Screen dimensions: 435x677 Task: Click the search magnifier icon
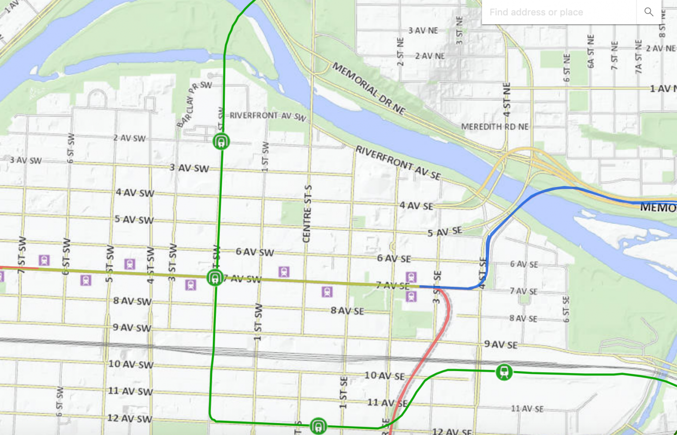click(648, 12)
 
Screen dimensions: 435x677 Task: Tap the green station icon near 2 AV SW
click(221, 142)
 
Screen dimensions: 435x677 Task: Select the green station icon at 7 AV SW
click(215, 278)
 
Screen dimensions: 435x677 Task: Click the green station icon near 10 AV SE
click(504, 372)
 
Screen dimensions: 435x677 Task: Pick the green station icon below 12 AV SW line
click(318, 426)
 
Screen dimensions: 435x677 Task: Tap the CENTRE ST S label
click(307, 214)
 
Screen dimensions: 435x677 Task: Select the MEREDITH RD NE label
click(495, 127)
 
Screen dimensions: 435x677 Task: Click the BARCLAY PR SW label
click(193, 103)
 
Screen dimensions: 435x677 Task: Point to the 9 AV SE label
click(501, 344)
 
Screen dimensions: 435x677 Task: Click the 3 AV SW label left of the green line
click(189, 168)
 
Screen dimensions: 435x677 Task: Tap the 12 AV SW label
click(130, 418)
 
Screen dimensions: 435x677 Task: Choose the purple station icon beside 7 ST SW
click(44, 260)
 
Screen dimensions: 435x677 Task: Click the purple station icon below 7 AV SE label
click(411, 296)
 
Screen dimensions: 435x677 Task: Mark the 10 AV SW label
click(130, 364)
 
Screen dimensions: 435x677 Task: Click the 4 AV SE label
click(416, 206)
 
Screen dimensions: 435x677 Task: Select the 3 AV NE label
click(423, 30)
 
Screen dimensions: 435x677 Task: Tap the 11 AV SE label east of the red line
click(527, 409)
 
